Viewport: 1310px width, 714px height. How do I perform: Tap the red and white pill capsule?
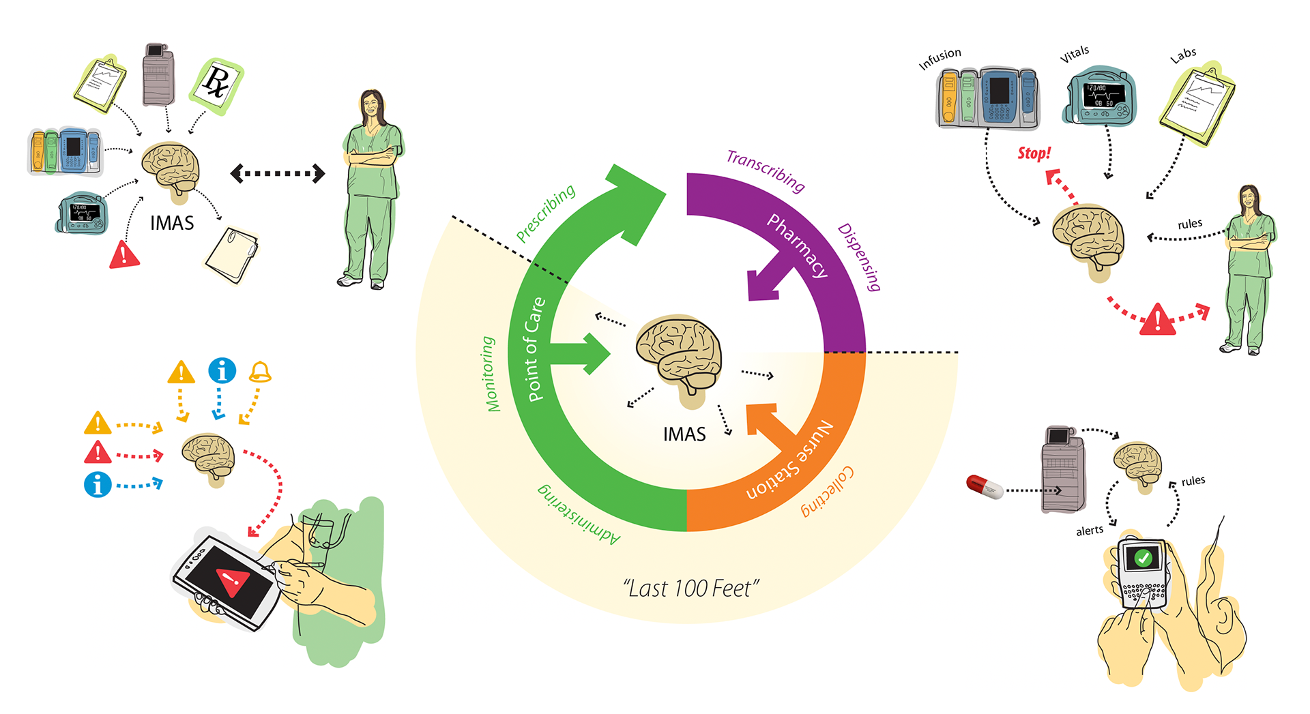(984, 486)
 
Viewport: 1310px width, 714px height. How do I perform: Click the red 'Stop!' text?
(1034, 153)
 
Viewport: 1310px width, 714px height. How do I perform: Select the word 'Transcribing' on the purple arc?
(765, 169)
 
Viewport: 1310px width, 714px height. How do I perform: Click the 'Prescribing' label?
(545, 213)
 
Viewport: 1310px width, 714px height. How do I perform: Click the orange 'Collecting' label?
(828, 491)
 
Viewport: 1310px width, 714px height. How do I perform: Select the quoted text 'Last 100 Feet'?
(690, 588)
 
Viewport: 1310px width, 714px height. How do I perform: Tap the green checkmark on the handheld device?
(1143, 559)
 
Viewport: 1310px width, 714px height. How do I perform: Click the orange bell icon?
(260, 372)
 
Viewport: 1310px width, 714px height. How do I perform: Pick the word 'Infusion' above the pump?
(940, 59)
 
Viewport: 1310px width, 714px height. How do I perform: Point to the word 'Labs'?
(1183, 55)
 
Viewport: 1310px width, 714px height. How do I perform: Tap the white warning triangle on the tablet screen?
(233, 580)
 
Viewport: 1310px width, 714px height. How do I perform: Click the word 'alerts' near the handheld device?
(1089, 531)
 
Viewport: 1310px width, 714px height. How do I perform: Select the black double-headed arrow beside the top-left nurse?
(277, 173)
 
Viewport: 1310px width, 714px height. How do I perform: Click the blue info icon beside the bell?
(222, 371)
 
